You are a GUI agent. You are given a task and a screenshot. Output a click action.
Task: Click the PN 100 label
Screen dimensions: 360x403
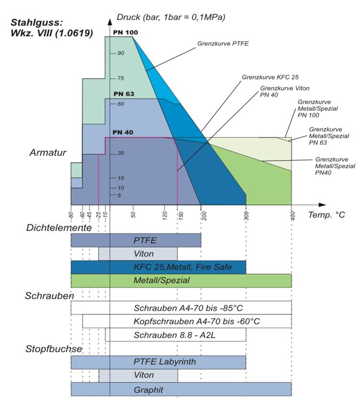[x=125, y=33]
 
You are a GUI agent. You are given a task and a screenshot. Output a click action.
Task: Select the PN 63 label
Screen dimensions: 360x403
[x=124, y=94]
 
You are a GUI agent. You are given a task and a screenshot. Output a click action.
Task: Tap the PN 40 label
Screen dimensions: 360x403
[x=123, y=132]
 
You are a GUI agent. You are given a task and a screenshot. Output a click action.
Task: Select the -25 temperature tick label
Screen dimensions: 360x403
[x=98, y=215]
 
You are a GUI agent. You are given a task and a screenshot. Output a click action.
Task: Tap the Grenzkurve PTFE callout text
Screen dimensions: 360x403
[x=223, y=44]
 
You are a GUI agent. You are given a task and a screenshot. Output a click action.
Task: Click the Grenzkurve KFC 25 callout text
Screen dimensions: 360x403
[x=270, y=77]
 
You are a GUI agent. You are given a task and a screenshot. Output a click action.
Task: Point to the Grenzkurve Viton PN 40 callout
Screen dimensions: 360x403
[x=285, y=92]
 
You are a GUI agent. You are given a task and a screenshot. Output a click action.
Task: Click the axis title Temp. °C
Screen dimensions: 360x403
[x=326, y=215]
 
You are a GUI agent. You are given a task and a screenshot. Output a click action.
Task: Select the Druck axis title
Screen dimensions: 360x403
[x=171, y=17]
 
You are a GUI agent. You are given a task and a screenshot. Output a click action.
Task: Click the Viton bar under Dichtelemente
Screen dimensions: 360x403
[x=138, y=253]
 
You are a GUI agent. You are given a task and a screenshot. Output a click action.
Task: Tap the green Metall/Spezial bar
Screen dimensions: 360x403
[x=181, y=280]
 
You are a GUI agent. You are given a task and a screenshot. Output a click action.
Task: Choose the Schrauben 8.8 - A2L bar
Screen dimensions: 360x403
[x=176, y=334]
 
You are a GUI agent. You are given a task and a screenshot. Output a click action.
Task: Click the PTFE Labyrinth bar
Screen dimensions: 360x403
[x=158, y=362]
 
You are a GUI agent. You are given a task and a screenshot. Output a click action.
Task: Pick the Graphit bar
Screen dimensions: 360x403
[x=181, y=389]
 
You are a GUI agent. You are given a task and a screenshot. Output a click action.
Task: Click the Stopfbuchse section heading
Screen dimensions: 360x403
[x=54, y=349]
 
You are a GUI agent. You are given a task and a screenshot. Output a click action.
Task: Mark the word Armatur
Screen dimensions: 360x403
[x=48, y=152]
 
